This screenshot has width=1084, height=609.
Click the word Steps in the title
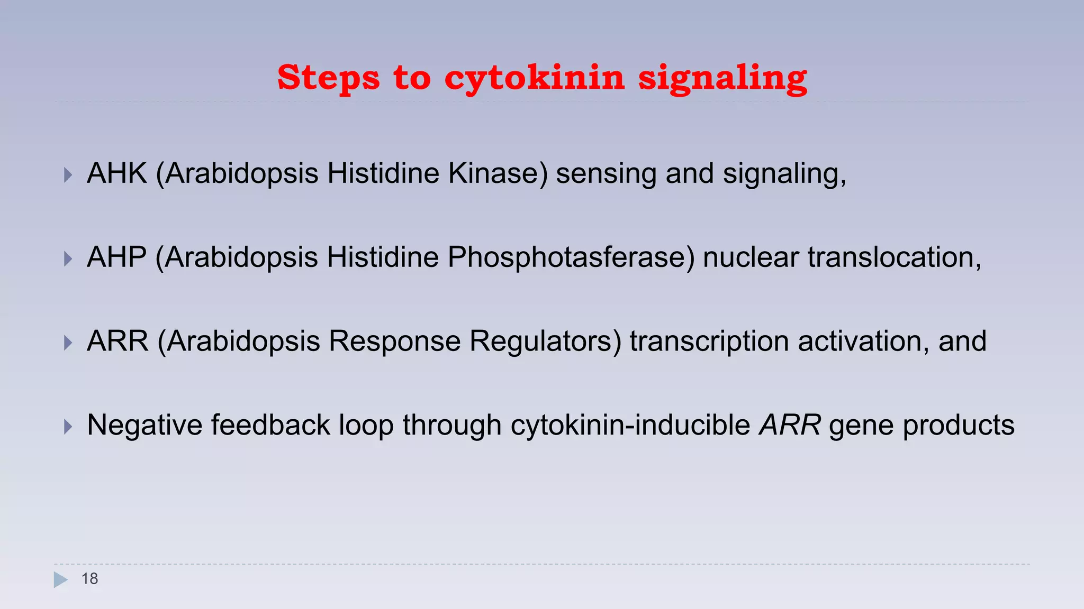pyautogui.click(x=328, y=78)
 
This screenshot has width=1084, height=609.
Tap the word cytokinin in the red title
pyautogui.click(x=535, y=78)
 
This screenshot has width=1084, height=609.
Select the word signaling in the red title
pyautogui.click(x=722, y=78)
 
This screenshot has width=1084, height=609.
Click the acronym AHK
pyautogui.click(x=117, y=173)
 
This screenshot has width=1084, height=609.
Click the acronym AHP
pyautogui.click(x=116, y=257)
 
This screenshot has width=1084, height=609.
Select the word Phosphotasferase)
pyautogui.click(x=571, y=257)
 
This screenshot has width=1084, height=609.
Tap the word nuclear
pyautogui.click(x=751, y=257)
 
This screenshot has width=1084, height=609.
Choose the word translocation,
pyautogui.click(x=895, y=257)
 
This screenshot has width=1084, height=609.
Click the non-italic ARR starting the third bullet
pyautogui.click(x=118, y=341)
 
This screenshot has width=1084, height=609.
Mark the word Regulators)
pyautogui.click(x=546, y=341)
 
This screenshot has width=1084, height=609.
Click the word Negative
pyautogui.click(x=144, y=425)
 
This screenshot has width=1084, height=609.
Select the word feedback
pyautogui.click(x=270, y=425)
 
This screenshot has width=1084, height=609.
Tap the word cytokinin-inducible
pyautogui.click(x=630, y=425)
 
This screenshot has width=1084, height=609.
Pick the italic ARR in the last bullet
pyautogui.click(x=790, y=425)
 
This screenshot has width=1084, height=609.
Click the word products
pyautogui.click(x=959, y=425)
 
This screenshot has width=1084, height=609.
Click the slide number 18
pyautogui.click(x=90, y=579)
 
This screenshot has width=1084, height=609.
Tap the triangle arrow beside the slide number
pyautogui.click(x=60, y=580)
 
